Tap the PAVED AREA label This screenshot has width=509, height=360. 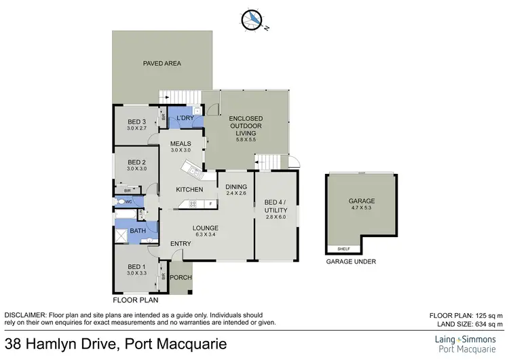click(x=162, y=64)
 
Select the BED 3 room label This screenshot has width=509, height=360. click(x=136, y=122)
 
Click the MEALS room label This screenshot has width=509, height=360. click(x=180, y=143)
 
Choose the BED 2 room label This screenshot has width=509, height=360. click(x=136, y=162)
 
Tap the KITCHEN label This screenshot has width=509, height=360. click(x=190, y=189)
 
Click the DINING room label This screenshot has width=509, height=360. click(x=236, y=187)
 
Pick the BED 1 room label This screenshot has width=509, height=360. click(x=136, y=266)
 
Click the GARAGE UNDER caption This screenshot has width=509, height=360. click(x=351, y=261)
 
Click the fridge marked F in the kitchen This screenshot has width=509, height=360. click(x=211, y=204)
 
